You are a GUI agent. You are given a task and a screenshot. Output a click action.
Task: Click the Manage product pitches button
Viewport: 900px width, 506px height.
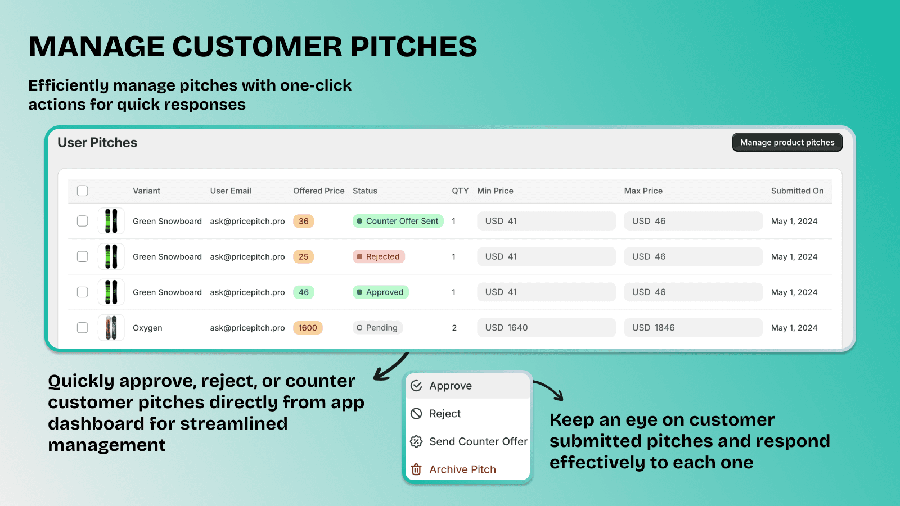coord(787,143)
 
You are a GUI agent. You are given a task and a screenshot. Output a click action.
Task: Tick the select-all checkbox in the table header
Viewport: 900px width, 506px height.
coord(82,191)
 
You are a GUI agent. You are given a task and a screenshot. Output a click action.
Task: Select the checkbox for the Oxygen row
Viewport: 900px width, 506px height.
coord(82,328)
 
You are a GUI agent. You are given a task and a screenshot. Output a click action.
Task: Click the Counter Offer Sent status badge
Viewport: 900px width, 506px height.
coord(398,221)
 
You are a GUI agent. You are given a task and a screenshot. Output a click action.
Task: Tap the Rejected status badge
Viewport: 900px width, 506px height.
coord(379,256)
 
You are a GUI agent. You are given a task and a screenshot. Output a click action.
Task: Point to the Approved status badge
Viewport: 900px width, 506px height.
coord(380,292)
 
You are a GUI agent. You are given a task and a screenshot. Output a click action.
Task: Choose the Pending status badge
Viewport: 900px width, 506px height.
coord(377,328)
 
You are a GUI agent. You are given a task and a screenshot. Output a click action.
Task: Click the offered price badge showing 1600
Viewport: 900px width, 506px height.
coord(308,328)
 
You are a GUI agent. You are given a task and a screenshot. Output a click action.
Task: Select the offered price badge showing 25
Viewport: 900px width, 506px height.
coord(303,256)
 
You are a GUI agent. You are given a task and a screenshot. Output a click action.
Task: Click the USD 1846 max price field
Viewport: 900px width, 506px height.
coord(694,328)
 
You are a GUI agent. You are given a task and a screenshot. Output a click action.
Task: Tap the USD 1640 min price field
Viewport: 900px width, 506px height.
coord(546,328)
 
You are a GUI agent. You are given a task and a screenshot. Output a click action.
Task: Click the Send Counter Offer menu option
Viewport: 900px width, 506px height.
coord(467,441)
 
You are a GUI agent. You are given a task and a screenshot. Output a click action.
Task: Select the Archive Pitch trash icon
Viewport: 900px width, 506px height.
coord(416,469)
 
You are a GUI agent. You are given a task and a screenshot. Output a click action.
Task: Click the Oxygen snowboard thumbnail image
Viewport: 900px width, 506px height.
coord(111,328)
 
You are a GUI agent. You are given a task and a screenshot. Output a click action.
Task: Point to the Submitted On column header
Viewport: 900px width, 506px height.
coord(797,191)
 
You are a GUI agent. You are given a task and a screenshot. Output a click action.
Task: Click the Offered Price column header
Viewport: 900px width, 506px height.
coord(318,191)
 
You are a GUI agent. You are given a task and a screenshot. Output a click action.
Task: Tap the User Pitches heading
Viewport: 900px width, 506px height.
coord(97,143)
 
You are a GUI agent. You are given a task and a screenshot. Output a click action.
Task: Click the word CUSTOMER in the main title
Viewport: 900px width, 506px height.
coord(257,46)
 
